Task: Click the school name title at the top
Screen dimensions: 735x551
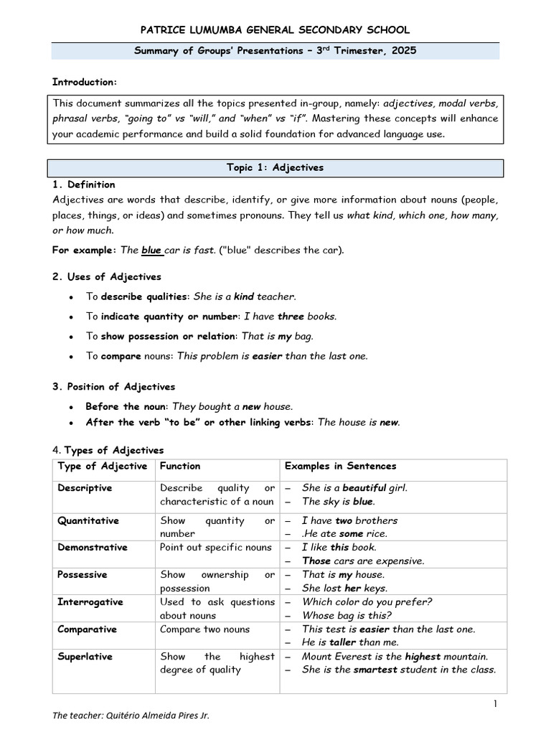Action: (275, 29)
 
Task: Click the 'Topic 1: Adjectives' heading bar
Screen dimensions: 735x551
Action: (275, 167)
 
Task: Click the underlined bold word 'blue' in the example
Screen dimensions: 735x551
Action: (151, 251)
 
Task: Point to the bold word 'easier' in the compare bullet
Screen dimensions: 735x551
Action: (268, 356)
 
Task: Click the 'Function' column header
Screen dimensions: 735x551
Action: (180, 467)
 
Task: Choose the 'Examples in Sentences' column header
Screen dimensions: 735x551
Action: (341, 467)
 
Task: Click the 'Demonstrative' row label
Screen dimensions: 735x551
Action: (93, 548)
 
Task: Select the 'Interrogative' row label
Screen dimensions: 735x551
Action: (90, 602)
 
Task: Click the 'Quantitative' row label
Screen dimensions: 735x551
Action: (88, 520)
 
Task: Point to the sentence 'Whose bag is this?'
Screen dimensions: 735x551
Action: (347, 615)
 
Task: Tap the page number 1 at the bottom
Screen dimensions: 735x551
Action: (495, 704)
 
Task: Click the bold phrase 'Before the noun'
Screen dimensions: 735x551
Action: (125, 406)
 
